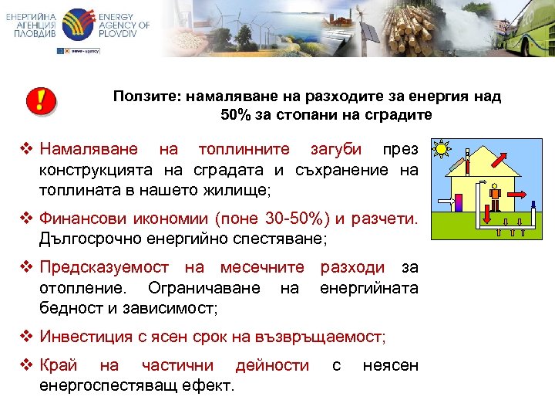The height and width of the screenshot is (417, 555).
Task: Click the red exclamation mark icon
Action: [x=42, y=100]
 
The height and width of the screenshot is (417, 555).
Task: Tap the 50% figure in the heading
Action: [x=236, y=115]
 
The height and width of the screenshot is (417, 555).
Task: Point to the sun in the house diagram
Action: [x=440, y=148]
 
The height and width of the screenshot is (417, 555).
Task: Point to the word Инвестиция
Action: [x=82, y=337]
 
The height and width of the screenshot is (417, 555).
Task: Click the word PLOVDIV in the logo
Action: [x=123, y=37]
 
